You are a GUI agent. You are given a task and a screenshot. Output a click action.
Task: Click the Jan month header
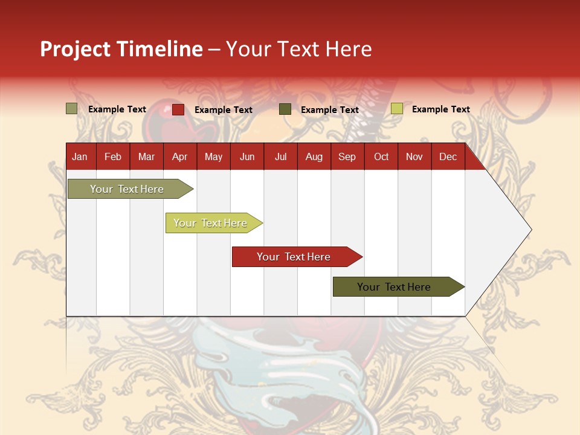pos(80,156)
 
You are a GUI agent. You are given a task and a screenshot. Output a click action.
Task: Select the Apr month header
pos(179,156)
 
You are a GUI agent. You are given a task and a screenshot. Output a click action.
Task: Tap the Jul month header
pos(280,156)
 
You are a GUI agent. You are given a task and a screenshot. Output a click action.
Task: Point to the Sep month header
pos(347,156)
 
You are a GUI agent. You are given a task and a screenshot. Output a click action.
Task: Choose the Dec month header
pos(448,156)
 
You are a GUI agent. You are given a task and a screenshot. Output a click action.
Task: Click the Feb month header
pos(113,156)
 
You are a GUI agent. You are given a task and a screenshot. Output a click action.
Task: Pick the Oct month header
pos(381,156)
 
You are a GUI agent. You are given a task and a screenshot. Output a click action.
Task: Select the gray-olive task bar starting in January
pos(127,189)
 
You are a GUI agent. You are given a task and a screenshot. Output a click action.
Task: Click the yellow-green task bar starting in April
pos(210,223)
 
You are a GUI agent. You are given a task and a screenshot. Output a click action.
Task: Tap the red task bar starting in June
pos(294,257)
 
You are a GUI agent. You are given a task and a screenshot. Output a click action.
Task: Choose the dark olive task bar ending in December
pos(394,287)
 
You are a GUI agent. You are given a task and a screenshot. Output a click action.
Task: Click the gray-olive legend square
pos(72,109)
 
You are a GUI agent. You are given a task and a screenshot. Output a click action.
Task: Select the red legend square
pos(178,109)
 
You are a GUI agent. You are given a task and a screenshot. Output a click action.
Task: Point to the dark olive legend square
pos(285,109)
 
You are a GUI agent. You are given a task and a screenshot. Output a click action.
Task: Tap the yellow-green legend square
pos(397,109)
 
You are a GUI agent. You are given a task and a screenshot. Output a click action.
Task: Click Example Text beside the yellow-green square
pos(440,109)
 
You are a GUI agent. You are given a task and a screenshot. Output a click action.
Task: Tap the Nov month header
pos(414,156)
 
